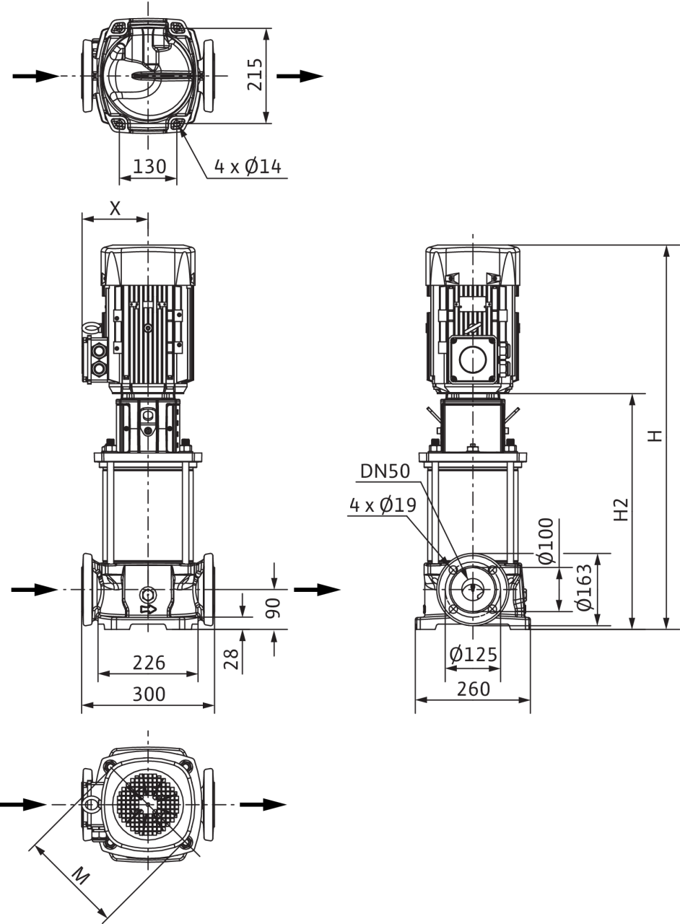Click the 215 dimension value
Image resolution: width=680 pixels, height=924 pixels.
coord(255,74)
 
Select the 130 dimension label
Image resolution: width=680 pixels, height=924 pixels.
coord(149,167)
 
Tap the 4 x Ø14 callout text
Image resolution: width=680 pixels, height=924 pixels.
coord(248,167)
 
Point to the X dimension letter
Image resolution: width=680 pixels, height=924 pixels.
coord(115,209)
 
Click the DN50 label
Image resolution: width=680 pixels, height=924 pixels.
coord(385,471)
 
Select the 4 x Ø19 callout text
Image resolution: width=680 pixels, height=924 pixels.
coord(383,505)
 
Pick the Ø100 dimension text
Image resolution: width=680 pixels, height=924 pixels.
coord(546,541)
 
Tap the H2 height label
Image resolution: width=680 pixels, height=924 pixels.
coord(621,510)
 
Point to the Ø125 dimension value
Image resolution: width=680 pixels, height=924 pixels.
coord(474,654)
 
